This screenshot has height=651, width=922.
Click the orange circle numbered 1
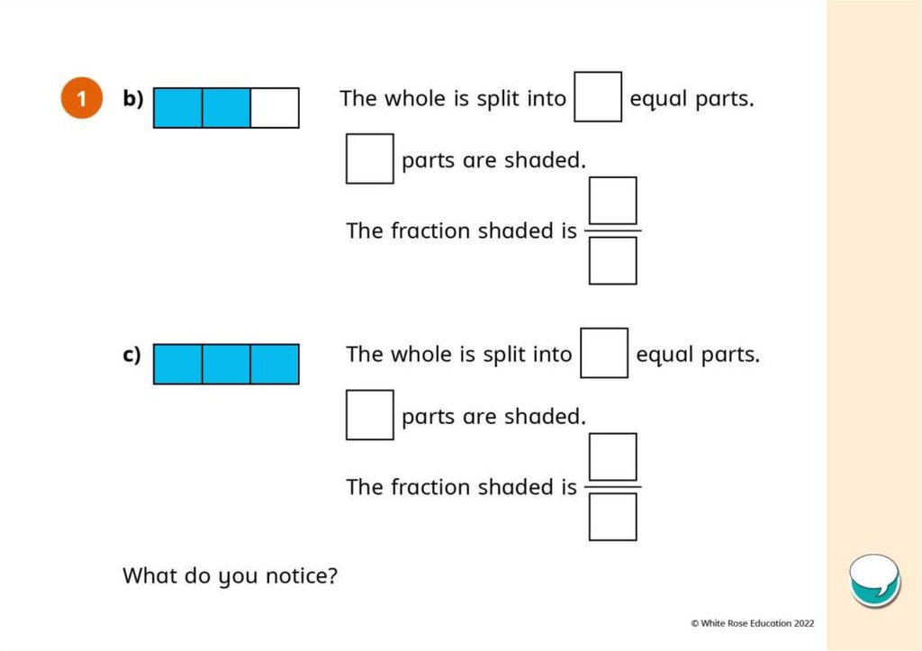[81, 99]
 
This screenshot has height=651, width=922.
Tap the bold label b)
[133, 99]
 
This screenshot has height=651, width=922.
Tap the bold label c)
[132, 355]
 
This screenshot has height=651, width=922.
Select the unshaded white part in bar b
[275, 108]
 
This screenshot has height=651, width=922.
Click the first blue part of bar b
[178, 108]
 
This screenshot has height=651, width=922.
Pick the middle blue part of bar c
[226, 364]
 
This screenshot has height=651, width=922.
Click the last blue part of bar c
[275, 364]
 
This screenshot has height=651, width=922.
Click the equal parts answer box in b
[598, 97]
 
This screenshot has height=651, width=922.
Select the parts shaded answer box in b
[369, 158]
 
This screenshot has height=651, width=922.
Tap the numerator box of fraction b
[612, 201]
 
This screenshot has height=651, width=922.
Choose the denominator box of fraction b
[612, 261]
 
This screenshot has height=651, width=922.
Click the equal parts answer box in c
[604, 353]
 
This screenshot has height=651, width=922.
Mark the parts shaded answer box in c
[369, 414]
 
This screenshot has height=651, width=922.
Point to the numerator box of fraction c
[612, 457]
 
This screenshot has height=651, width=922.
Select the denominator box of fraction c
[612, 517]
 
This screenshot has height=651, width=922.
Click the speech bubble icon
[874, 580]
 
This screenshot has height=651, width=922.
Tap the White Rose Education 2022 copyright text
[753, 622]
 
